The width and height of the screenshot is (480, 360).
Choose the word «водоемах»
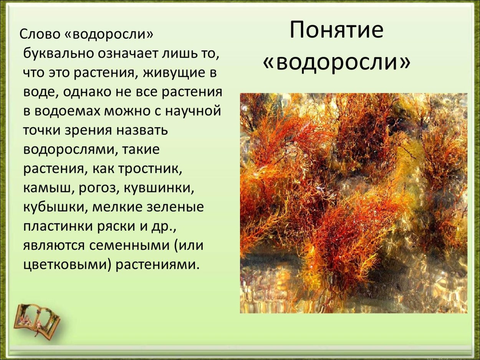coord(68,111)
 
